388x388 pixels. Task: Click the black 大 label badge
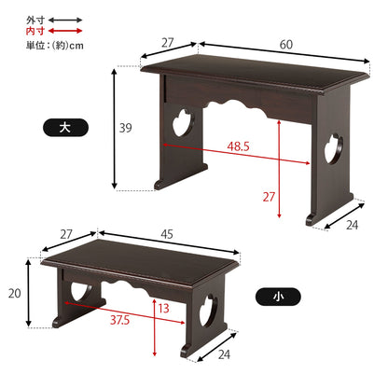65,128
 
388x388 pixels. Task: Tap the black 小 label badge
278,297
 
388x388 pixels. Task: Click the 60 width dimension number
286,45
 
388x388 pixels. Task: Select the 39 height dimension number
126,128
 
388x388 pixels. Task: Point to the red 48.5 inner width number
238,146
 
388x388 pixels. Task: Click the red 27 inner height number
269,197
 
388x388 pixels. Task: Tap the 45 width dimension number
167,234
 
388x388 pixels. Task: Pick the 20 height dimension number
15,293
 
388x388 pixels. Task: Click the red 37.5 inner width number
119,320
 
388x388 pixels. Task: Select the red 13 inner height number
164,309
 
